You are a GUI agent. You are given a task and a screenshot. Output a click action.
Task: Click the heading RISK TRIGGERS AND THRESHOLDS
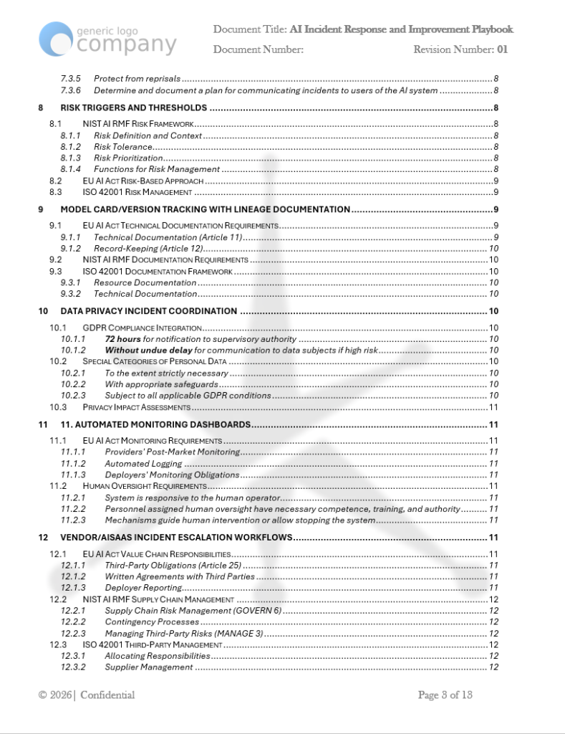click(134, 108)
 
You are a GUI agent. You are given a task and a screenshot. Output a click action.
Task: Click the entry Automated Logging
click(133, 464)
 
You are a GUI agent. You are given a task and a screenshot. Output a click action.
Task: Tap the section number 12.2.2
click(73, 621)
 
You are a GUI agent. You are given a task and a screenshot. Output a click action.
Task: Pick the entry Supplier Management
click(148, 667)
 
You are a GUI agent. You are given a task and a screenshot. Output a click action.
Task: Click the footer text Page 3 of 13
click(445, 695)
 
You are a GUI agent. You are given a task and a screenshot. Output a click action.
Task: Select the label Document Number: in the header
click(259, 49)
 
